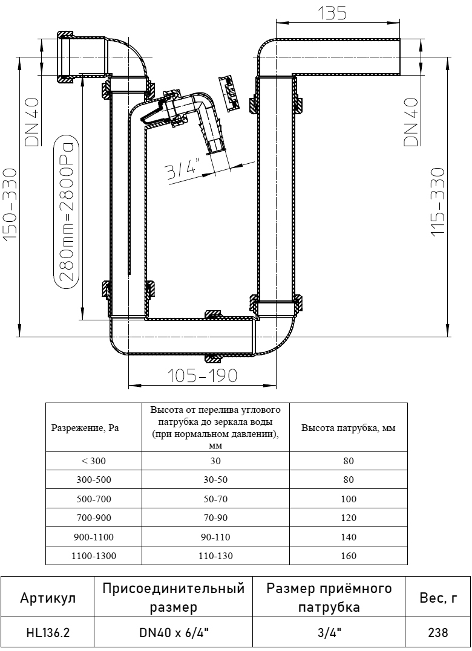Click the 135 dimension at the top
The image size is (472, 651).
pyautogui.click(x=332, y=14)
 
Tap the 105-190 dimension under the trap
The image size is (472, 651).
pyautogui.click(x=202, y=376)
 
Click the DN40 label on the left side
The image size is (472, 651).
pyautogui.click(x=32, y=122)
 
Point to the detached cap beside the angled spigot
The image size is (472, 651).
pyautogui.click(x=229, y=93)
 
